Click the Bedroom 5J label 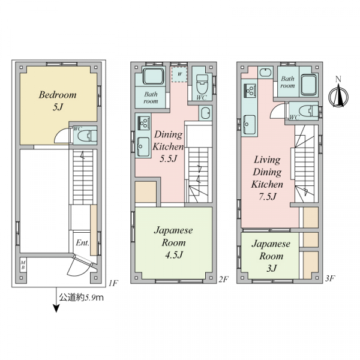click(58, 101)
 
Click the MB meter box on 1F click(23, 265)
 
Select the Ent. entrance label click(82, 242)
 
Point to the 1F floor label click(113, 283)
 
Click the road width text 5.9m click(94, 298)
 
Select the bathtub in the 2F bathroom click(154, 76)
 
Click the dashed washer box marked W click(179, 74)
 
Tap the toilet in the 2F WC click(202, 84)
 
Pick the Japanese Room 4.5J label click(173, 242)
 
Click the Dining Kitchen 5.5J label click(168, 146)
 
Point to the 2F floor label click(223, 279)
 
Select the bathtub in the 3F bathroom click(309, 85)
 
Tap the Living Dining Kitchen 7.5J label click(267, 178)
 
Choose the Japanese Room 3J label click(271, 256)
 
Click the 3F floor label click(329, 278)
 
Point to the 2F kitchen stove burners click(143, 123)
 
